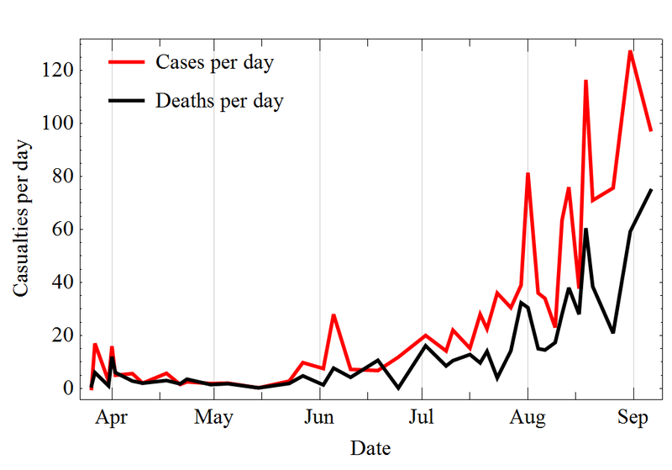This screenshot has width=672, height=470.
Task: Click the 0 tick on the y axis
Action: click(70, 388)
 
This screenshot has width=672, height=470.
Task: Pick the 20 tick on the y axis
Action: click(65, 335)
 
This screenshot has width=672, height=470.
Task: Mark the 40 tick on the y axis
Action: click(65, 283)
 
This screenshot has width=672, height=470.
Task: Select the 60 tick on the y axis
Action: click(65, 230)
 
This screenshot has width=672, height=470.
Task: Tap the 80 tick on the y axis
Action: click(65, 177)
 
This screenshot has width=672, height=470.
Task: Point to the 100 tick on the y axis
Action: click(60, 124)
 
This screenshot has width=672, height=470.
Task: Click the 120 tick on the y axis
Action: click(60, 71)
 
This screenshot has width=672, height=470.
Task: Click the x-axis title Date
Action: click(370, 447)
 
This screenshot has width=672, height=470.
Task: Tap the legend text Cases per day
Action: click(215, 62)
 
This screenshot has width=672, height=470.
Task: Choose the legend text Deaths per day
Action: click(219, 102)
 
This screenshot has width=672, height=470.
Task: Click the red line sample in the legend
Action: click(128, 61)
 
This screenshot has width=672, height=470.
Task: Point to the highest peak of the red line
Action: click(630, 51)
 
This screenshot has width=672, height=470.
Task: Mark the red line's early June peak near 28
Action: click(333, 314)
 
